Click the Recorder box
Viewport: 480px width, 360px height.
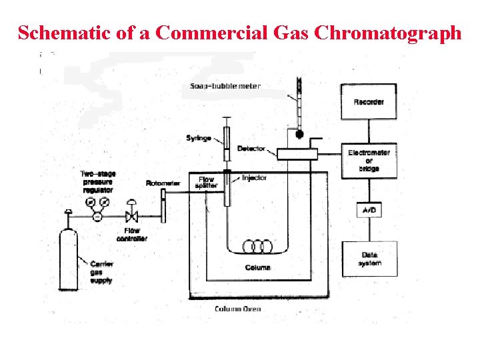[369, 101]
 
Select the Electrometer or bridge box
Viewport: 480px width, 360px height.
[369, 161]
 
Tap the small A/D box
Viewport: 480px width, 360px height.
[369, 210]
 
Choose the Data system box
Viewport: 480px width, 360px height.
[369, 259]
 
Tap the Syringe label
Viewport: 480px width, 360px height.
[199, 138]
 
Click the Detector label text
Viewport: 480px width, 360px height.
[251, 148]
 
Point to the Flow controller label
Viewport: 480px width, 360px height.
[132, 235]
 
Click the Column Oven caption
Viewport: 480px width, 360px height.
[237, 309]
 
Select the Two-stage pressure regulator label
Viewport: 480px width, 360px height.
[97, 182]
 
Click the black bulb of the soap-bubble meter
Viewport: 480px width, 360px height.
[299, 135]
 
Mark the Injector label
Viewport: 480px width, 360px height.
[254, 178]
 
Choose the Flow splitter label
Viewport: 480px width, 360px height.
[207, 182]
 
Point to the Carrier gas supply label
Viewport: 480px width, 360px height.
[101, 272]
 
